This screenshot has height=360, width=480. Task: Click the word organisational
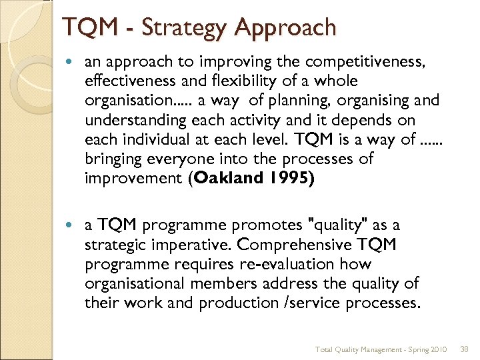[x=136, y=283]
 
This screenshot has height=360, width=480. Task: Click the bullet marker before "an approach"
[x=73, y=62]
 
